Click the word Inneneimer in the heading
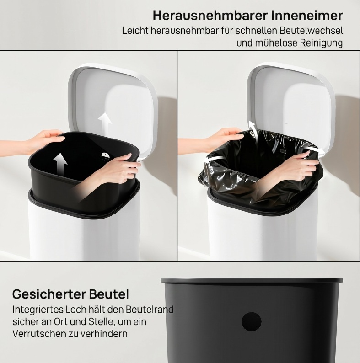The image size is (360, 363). (307, 16)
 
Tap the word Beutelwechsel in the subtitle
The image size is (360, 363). (311, 31)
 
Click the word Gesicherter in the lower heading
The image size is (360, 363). (49, 294)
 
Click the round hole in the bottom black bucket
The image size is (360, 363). (252, 322)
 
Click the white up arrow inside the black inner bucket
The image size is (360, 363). (60, 164)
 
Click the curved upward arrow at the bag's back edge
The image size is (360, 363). (253, 130)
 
